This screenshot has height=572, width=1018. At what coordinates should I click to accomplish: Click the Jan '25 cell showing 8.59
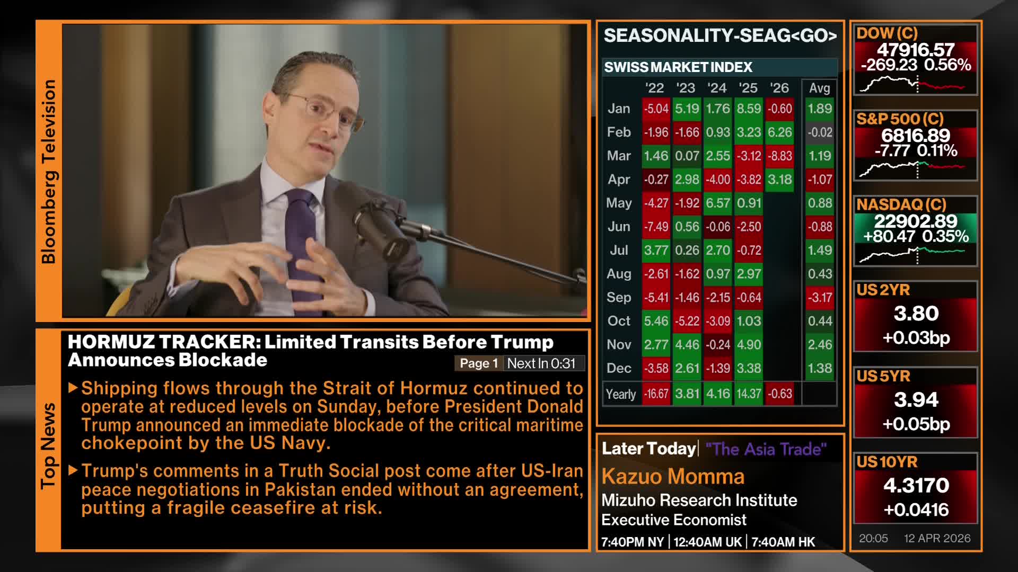click(x=749, y=109)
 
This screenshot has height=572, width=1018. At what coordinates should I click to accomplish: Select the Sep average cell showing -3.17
click(x=819, y=298)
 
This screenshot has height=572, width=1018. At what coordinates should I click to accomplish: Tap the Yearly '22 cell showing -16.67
click(x=656, y=394)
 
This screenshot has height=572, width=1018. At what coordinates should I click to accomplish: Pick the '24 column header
click(x=717, y=88)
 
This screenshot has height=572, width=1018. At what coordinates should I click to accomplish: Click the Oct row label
click(x=619, y=321)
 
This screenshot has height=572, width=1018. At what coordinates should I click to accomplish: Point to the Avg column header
click(x=819, y=88)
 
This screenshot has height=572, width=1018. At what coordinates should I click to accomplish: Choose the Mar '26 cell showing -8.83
click(x=779, y=156)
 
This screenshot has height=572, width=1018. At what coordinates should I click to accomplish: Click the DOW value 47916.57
click(x=916, y=50)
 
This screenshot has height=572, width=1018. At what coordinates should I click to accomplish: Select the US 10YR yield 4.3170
click(x=916, y=485)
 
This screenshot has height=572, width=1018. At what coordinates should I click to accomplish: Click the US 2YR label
click(x=883, y=290)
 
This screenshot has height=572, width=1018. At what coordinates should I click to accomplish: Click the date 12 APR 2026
click(x=937, y=539)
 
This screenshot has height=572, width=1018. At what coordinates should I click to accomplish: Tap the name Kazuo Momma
click(x=673, y=477)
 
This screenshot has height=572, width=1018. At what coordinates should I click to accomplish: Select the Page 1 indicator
click(x=478, y=363)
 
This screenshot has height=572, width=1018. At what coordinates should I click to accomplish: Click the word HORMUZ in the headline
click(x=110, y=342)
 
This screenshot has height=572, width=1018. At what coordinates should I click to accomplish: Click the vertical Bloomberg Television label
click(x=48, y=172)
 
